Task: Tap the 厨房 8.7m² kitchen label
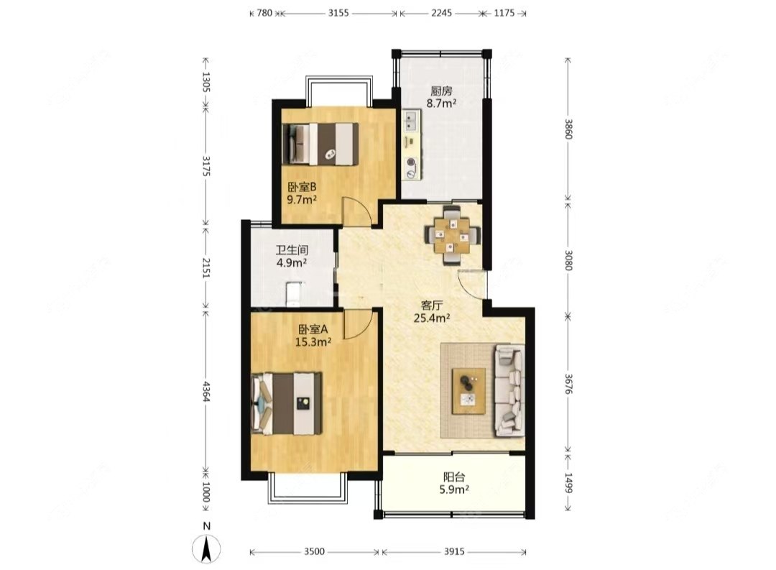[x=441, y=97]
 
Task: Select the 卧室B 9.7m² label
[x=302, y=193]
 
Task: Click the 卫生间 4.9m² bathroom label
[x=292, y=257]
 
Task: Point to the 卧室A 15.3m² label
[x=313, y=335]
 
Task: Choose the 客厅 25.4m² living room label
[x=432, y=311]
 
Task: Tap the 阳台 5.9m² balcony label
[x=454, y=483]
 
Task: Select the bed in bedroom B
[x=320, y=144]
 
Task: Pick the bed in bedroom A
[x=287, y=404]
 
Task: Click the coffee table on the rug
[x=468, y=391]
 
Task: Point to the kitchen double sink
[x=411, y=120]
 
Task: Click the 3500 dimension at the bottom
[x=314, y=552]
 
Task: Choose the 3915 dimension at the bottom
[x=454, y=552]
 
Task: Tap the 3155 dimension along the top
[x=338, y=13]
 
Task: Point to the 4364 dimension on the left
[x=206, y=391]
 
